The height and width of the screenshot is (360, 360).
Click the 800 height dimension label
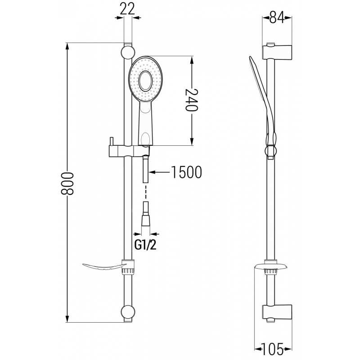67,183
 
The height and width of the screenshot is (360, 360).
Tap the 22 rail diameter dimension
128,8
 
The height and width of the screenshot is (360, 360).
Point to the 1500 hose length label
186,172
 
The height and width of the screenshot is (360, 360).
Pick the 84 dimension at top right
277,18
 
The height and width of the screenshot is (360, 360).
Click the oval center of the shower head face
146,81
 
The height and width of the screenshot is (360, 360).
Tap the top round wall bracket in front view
127,51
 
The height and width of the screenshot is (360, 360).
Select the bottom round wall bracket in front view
127,313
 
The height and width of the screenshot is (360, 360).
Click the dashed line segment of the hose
146,193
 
